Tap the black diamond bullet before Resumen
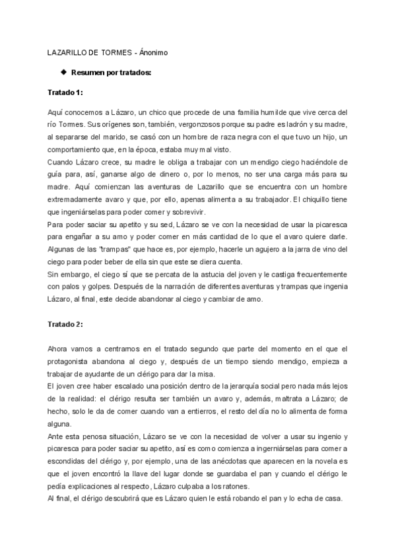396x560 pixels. (63, 72)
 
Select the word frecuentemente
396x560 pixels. (313, 273)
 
